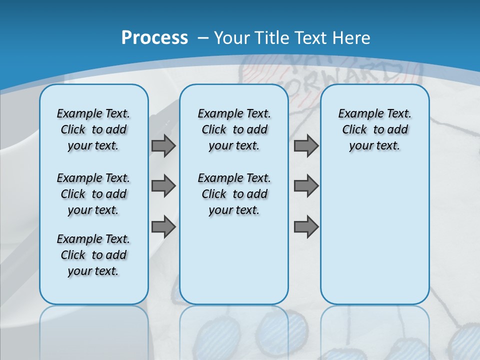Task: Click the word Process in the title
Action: (x=154, y=37)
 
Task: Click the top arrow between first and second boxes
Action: (x=163, y=146)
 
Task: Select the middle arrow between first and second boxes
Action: (x=163, y=186)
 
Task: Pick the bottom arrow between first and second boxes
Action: (x=163, y=227)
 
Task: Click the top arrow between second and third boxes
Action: (x=306, y=146)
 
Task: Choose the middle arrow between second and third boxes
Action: (x=306, y=186)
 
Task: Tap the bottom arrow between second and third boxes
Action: (x=306, y=227)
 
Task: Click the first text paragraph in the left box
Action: (x=93, y=129)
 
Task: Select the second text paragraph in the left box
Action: (x=93, y=194)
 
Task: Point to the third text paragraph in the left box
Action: (x=93, y=255)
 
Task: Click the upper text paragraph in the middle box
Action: (x=234, y=129)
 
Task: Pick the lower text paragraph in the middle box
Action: (x=234, y=194)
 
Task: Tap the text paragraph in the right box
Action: (x=374, y=129)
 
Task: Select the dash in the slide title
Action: (x=203, y=37)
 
